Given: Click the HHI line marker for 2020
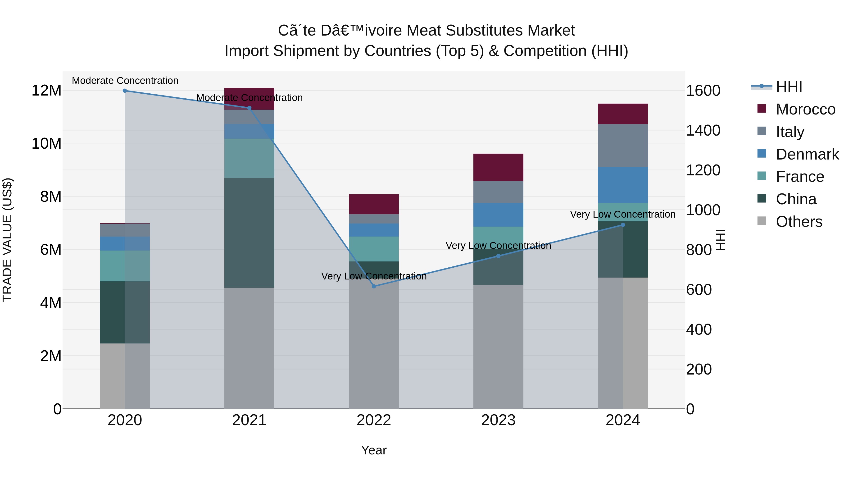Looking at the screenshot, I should point(125,91).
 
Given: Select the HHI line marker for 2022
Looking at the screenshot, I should point(374,286).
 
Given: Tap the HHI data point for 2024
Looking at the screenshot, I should point(622,225).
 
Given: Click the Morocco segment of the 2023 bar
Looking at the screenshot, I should point(498,167).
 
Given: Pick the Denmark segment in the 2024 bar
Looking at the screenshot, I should point(622,185).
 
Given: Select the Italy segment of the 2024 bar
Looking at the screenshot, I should point(622,146).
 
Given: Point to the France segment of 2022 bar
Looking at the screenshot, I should point(374,249).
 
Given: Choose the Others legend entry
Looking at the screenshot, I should point(799,222).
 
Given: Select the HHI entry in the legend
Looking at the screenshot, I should point(789,87).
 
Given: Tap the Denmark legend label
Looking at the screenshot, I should point(807,154).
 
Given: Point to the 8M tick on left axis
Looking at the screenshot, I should point(51,197).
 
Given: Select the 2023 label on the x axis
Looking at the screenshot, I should point(498,420).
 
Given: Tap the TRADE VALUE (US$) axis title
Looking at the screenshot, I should point(7,240).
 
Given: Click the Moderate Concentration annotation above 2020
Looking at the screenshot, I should point(125,81).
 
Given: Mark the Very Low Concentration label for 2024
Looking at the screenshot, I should point(622,214).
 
